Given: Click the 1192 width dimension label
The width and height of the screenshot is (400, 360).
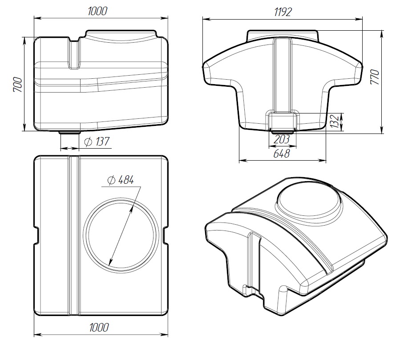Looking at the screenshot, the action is (283, 12).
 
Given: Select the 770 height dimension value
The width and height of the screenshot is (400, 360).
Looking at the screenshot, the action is (375, 77).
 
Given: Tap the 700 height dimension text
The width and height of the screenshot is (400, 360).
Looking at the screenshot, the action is (18, 85).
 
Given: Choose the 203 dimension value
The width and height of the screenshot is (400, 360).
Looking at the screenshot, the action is (282, 139).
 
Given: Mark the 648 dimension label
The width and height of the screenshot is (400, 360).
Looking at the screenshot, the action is (282, 154).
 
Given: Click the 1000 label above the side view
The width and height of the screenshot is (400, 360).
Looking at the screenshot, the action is (97, 12).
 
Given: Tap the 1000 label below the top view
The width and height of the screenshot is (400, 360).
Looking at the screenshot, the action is (99, 328).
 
